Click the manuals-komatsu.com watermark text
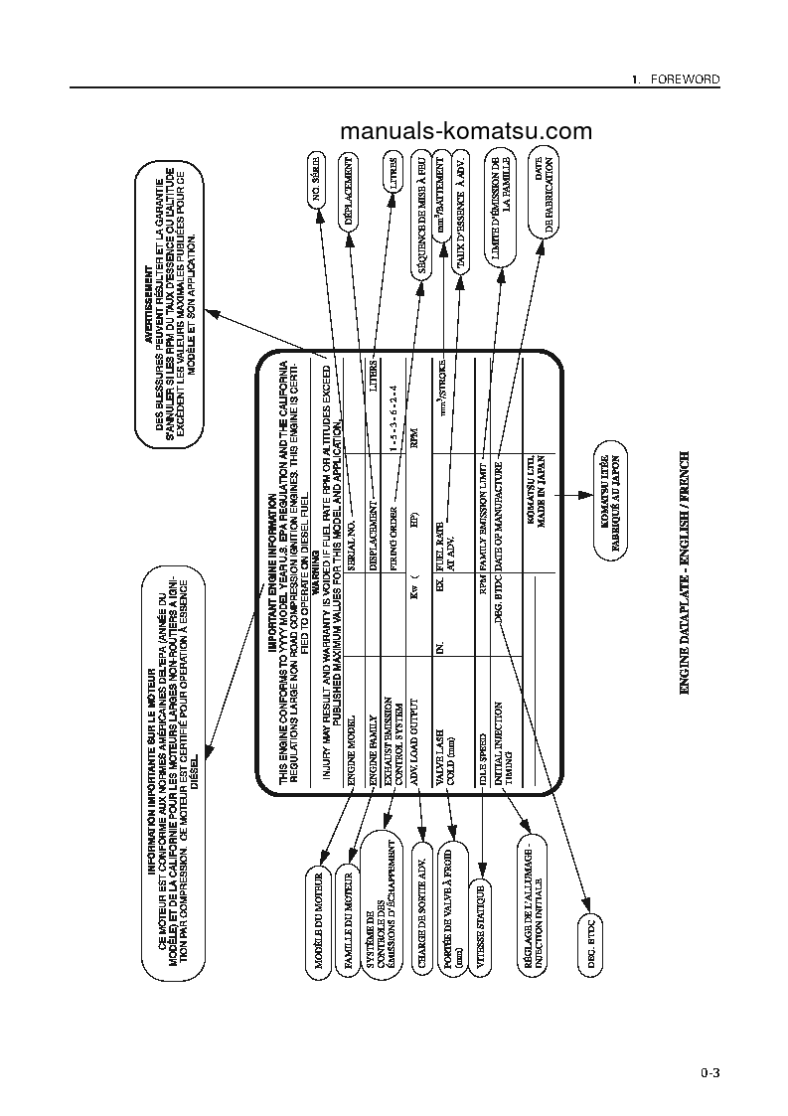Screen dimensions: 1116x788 click(465, 132)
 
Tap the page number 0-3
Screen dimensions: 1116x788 click(709, 1072)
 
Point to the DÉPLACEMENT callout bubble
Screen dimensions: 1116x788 click(349, 193)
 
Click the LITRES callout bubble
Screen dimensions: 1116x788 click(395, 176)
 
